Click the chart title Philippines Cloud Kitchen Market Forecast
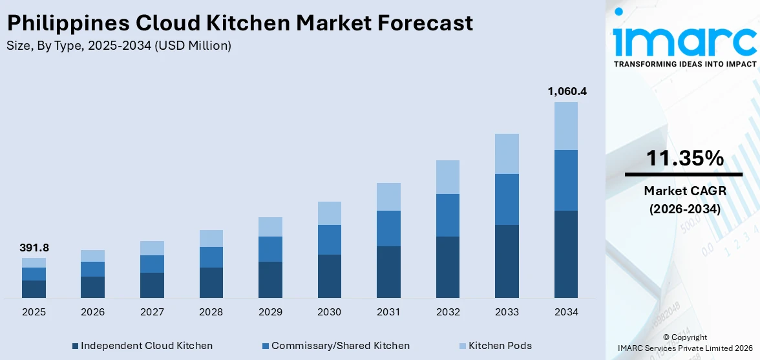click(240, 23)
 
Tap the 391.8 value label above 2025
click(34, 248)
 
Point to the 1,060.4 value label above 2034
click(566, 91)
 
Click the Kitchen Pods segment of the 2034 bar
click(566, 126)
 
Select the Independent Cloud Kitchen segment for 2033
click(507, 261)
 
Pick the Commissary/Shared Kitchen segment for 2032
click(448, 215)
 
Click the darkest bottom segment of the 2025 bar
click(34, 289)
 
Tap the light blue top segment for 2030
click(330, 213)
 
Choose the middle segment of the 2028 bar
click(211, 257)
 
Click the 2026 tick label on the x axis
click(93, 312)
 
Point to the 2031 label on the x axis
click(388, 312)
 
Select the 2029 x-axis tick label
click(270, 312)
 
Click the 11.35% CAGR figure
click(684, 158)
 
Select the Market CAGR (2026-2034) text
click(684, 200)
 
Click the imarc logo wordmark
click(684, 40)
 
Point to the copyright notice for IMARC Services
click(684, 343)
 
